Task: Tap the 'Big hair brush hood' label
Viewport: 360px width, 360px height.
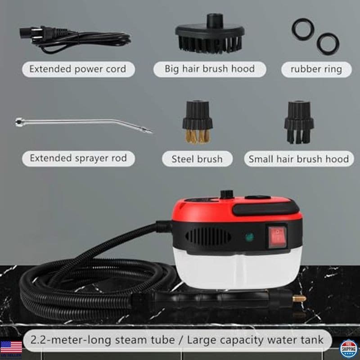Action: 210,69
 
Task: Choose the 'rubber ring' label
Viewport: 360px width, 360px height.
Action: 316,69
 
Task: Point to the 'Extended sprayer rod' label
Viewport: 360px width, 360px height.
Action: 78,158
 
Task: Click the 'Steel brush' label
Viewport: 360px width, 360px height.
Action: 197,159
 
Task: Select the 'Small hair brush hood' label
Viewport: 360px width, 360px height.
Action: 298,159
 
